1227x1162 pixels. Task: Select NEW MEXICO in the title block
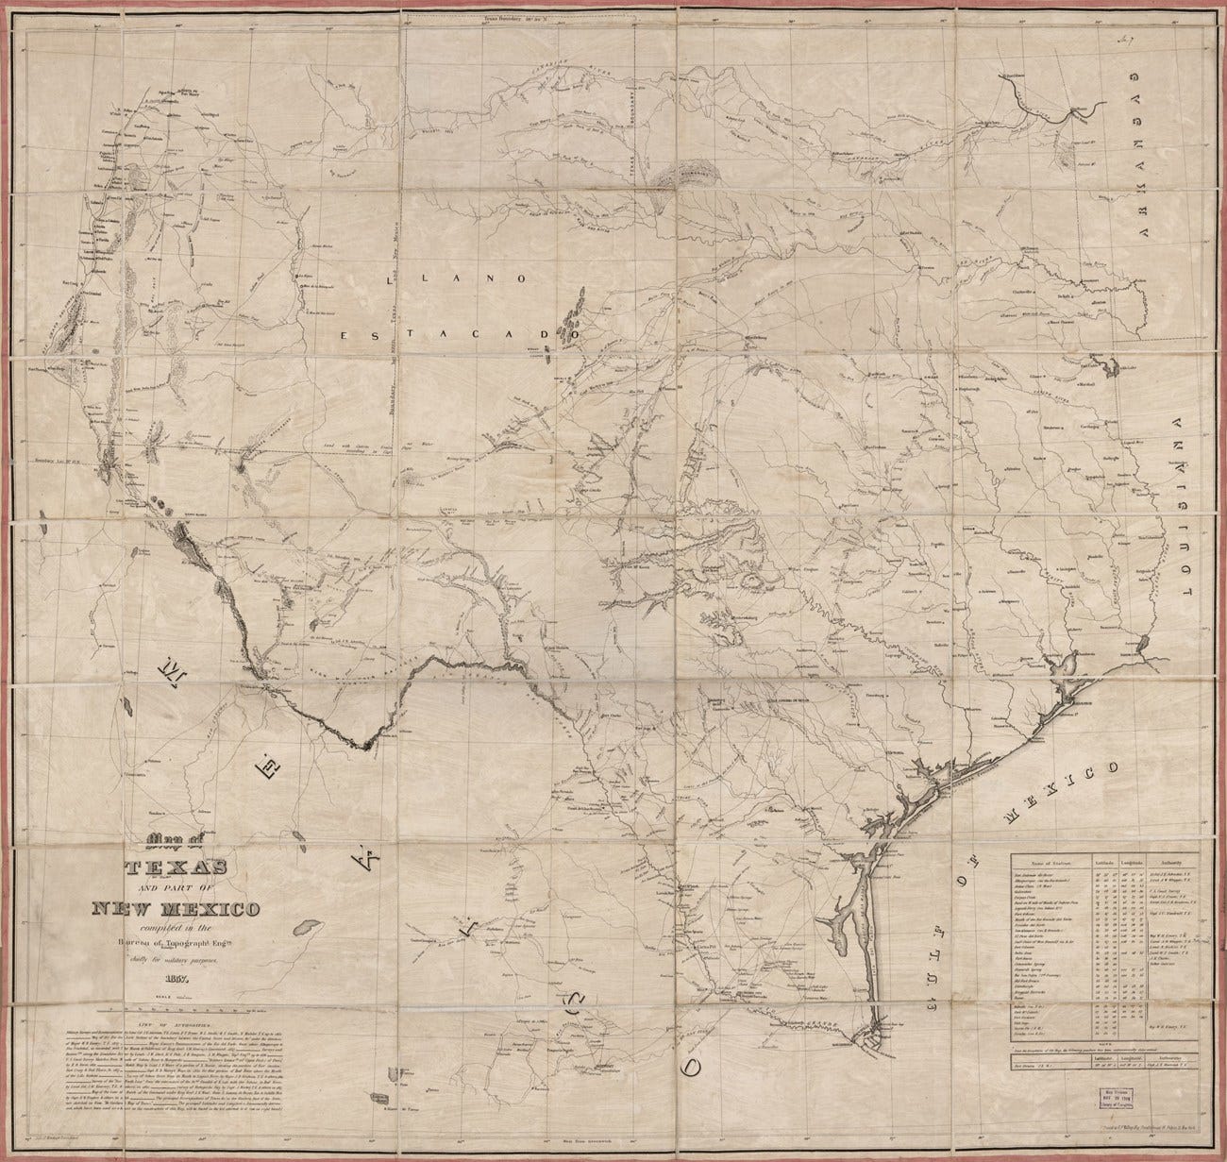pyautogui.click(x=170, y=909)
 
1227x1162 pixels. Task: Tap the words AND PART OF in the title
pyautogui.click(x=168, y=889)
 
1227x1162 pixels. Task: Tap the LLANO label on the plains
pyautogui.click(x=463, y=280)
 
